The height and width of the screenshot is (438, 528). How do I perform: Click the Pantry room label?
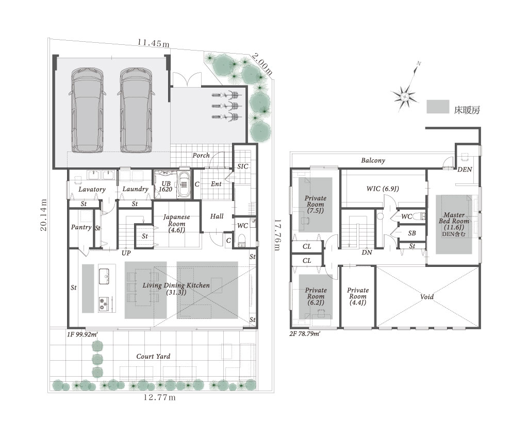(x=81, y=227)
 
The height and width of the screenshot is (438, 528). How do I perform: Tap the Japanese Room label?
(x=176, y=223)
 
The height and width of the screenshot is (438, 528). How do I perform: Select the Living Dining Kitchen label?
(x=176, y=289)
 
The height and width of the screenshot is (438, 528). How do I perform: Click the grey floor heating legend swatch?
(x=438, y=107)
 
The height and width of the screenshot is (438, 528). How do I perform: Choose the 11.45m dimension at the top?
(x=153, y=43)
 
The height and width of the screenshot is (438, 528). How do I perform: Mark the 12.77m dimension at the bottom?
(x=160, y=398)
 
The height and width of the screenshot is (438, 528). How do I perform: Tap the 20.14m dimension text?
(x=44, y=215)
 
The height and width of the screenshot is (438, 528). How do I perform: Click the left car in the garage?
(x=87, y=110)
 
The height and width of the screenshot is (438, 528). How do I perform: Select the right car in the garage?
(x=136, y=110)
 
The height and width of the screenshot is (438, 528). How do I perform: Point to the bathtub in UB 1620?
(x=184, y=184)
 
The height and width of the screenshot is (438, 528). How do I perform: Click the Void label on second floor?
(x=427, y=297)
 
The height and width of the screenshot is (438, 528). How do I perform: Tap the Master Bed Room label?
(x=454, y=224)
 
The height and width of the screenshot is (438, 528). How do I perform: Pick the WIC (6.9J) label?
(x=383, y=189)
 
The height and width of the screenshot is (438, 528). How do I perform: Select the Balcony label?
(x=373, y=160)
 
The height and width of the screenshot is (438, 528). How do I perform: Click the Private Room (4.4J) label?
(x=358, y=296)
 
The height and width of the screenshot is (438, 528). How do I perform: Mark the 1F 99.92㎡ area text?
(x=82, y=334)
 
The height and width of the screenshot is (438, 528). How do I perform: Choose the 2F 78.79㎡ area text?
(x=305, y=334)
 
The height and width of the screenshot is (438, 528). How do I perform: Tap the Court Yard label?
(x=153, y=356)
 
